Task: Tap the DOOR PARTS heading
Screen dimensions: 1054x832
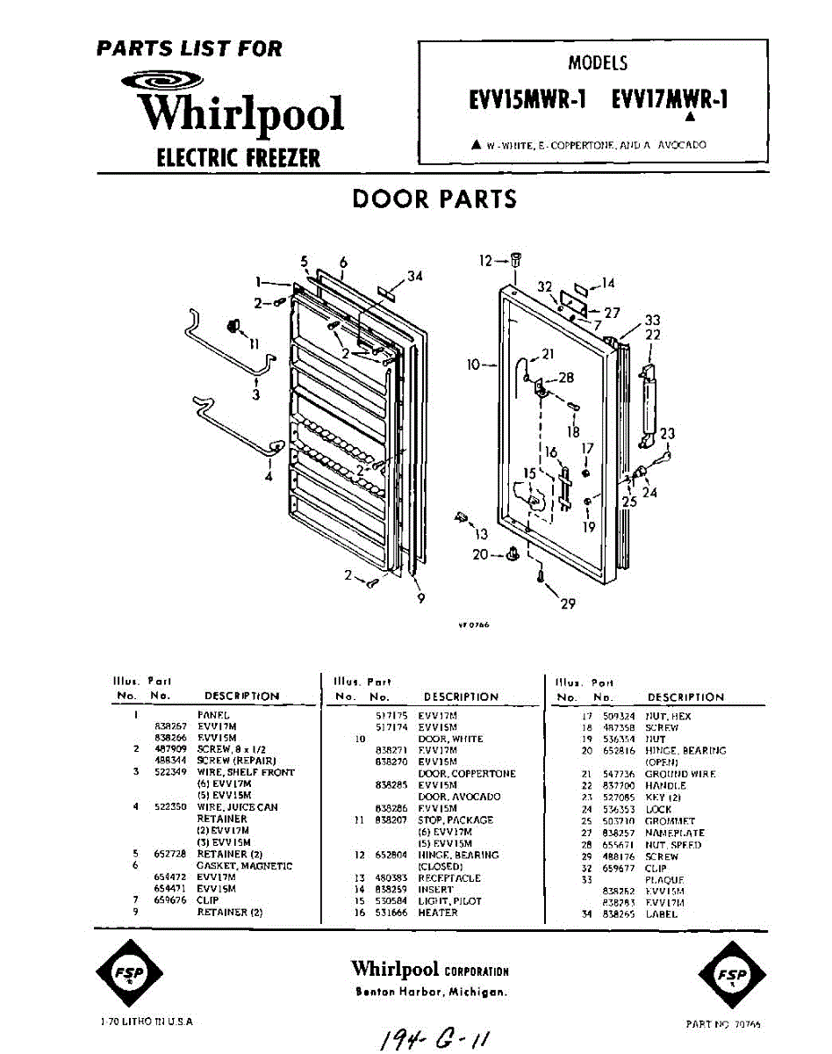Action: click(x=434, y=199)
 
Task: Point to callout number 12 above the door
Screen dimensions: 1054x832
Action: click(x=486, y=260)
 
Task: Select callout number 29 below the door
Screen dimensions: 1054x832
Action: click(x=569, y=603)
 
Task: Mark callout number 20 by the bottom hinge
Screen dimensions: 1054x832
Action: click(x=480, y=554)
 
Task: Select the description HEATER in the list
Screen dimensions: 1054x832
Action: click(x=438, y=913)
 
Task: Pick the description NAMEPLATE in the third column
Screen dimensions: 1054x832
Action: click(x=674, y=833)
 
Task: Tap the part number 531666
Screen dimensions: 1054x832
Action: click(x=390, y=913)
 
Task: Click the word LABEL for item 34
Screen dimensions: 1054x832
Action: click(x=661, y=914)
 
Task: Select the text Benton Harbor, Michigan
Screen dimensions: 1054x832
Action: click(x=431, y=993)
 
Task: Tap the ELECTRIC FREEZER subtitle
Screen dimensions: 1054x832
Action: click(x=238, y=158)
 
